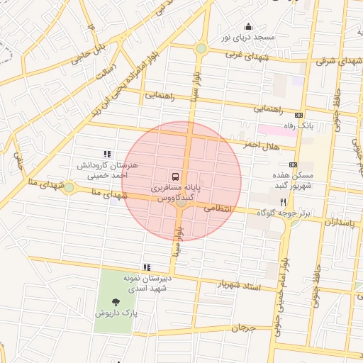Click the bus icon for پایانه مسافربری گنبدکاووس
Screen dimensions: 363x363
[174, 176]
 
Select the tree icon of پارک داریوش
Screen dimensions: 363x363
[116, 300]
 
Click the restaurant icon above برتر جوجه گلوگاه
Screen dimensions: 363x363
[284, 202]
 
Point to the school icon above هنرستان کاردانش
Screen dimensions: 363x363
[107, 154]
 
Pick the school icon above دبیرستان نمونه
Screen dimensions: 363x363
[147, 267]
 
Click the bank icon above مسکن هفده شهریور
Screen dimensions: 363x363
[293, 164]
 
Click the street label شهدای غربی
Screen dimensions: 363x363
[244, 54]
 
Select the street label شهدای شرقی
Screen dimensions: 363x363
[337, 61]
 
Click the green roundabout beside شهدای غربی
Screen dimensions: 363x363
[201, 48]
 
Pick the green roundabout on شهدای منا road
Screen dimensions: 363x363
[69, 188]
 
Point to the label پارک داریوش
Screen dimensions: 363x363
[116, 312]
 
